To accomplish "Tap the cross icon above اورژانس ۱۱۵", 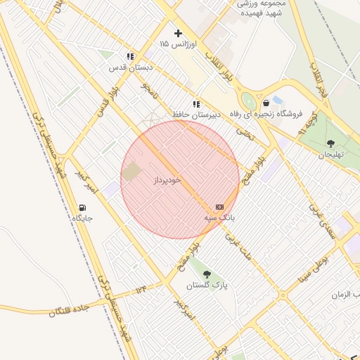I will [178, 32].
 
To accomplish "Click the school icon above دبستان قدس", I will [130, 56].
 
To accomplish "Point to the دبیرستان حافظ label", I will [197, 113].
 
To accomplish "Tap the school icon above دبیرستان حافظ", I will [196, 103].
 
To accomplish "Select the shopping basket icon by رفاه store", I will [265, 103].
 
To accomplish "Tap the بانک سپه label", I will [219, 218].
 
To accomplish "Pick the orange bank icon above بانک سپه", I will [219, 207].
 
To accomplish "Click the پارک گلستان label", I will [207, 286].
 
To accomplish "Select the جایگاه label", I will [82, 219].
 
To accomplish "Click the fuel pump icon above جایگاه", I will [82, 207].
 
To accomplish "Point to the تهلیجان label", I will [330, 155].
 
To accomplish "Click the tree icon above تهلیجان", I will [330, 144].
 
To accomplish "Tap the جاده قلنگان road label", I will [70, 307].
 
